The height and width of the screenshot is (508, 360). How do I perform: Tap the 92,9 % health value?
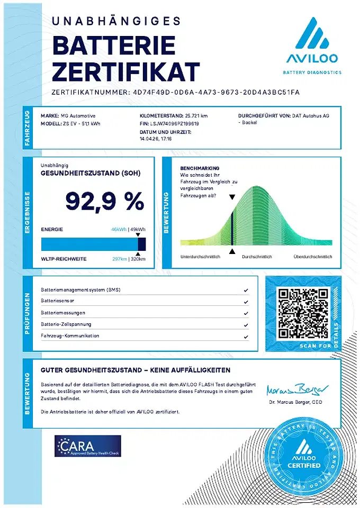tap(104, 201)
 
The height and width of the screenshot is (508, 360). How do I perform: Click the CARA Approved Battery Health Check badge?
tap(88, 446)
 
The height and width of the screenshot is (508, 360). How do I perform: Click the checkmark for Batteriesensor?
tap(246, 302)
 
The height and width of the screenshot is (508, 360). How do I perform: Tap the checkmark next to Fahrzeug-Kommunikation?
tap(246, 336)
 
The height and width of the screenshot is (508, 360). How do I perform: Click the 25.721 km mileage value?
tap(196, 115)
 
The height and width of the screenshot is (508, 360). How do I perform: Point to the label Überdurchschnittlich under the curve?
tap(313, 257)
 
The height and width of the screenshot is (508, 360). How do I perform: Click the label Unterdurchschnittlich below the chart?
tap(200, 257)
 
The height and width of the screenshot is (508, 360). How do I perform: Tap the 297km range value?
tap(120, 259)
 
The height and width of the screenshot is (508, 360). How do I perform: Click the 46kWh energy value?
tap(119, 230)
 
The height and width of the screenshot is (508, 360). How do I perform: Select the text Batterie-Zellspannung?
tap(66, 324)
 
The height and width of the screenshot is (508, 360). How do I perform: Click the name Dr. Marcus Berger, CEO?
tap(295, 402)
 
